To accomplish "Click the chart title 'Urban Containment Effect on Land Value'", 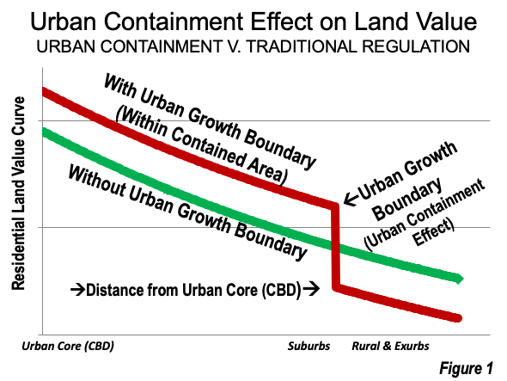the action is (253, 22).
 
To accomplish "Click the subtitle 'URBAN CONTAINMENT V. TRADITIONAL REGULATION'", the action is (253, 46).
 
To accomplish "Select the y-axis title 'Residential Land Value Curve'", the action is (18, 194).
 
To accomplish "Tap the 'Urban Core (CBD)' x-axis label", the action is (68, 347).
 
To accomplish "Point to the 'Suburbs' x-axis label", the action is (308, 346).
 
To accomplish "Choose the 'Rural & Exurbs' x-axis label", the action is (390, 346).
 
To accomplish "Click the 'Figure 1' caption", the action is (466, 368).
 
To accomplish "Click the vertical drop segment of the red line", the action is (335, 246).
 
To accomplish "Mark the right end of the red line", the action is (459, 318).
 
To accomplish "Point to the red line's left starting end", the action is (43, 92).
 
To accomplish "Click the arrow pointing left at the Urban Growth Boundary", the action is (351, 198).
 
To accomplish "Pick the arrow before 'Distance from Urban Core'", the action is (77, 289).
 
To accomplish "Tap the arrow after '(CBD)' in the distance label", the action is (311, 288).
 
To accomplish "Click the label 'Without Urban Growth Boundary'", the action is (187, 212).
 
